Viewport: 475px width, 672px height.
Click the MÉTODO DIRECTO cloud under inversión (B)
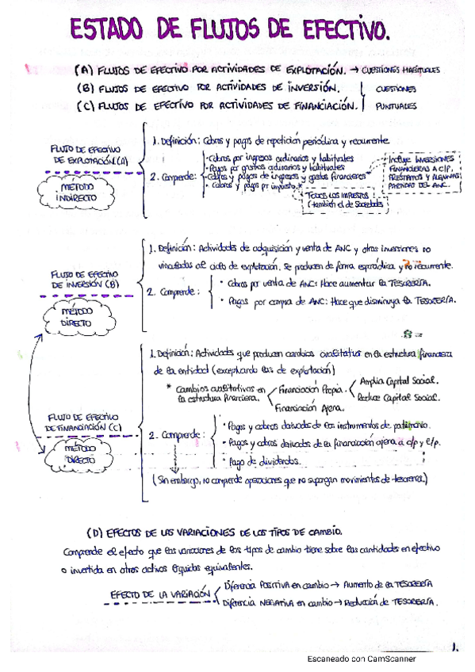[79, 316]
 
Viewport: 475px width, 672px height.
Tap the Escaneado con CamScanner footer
[362, 659]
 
